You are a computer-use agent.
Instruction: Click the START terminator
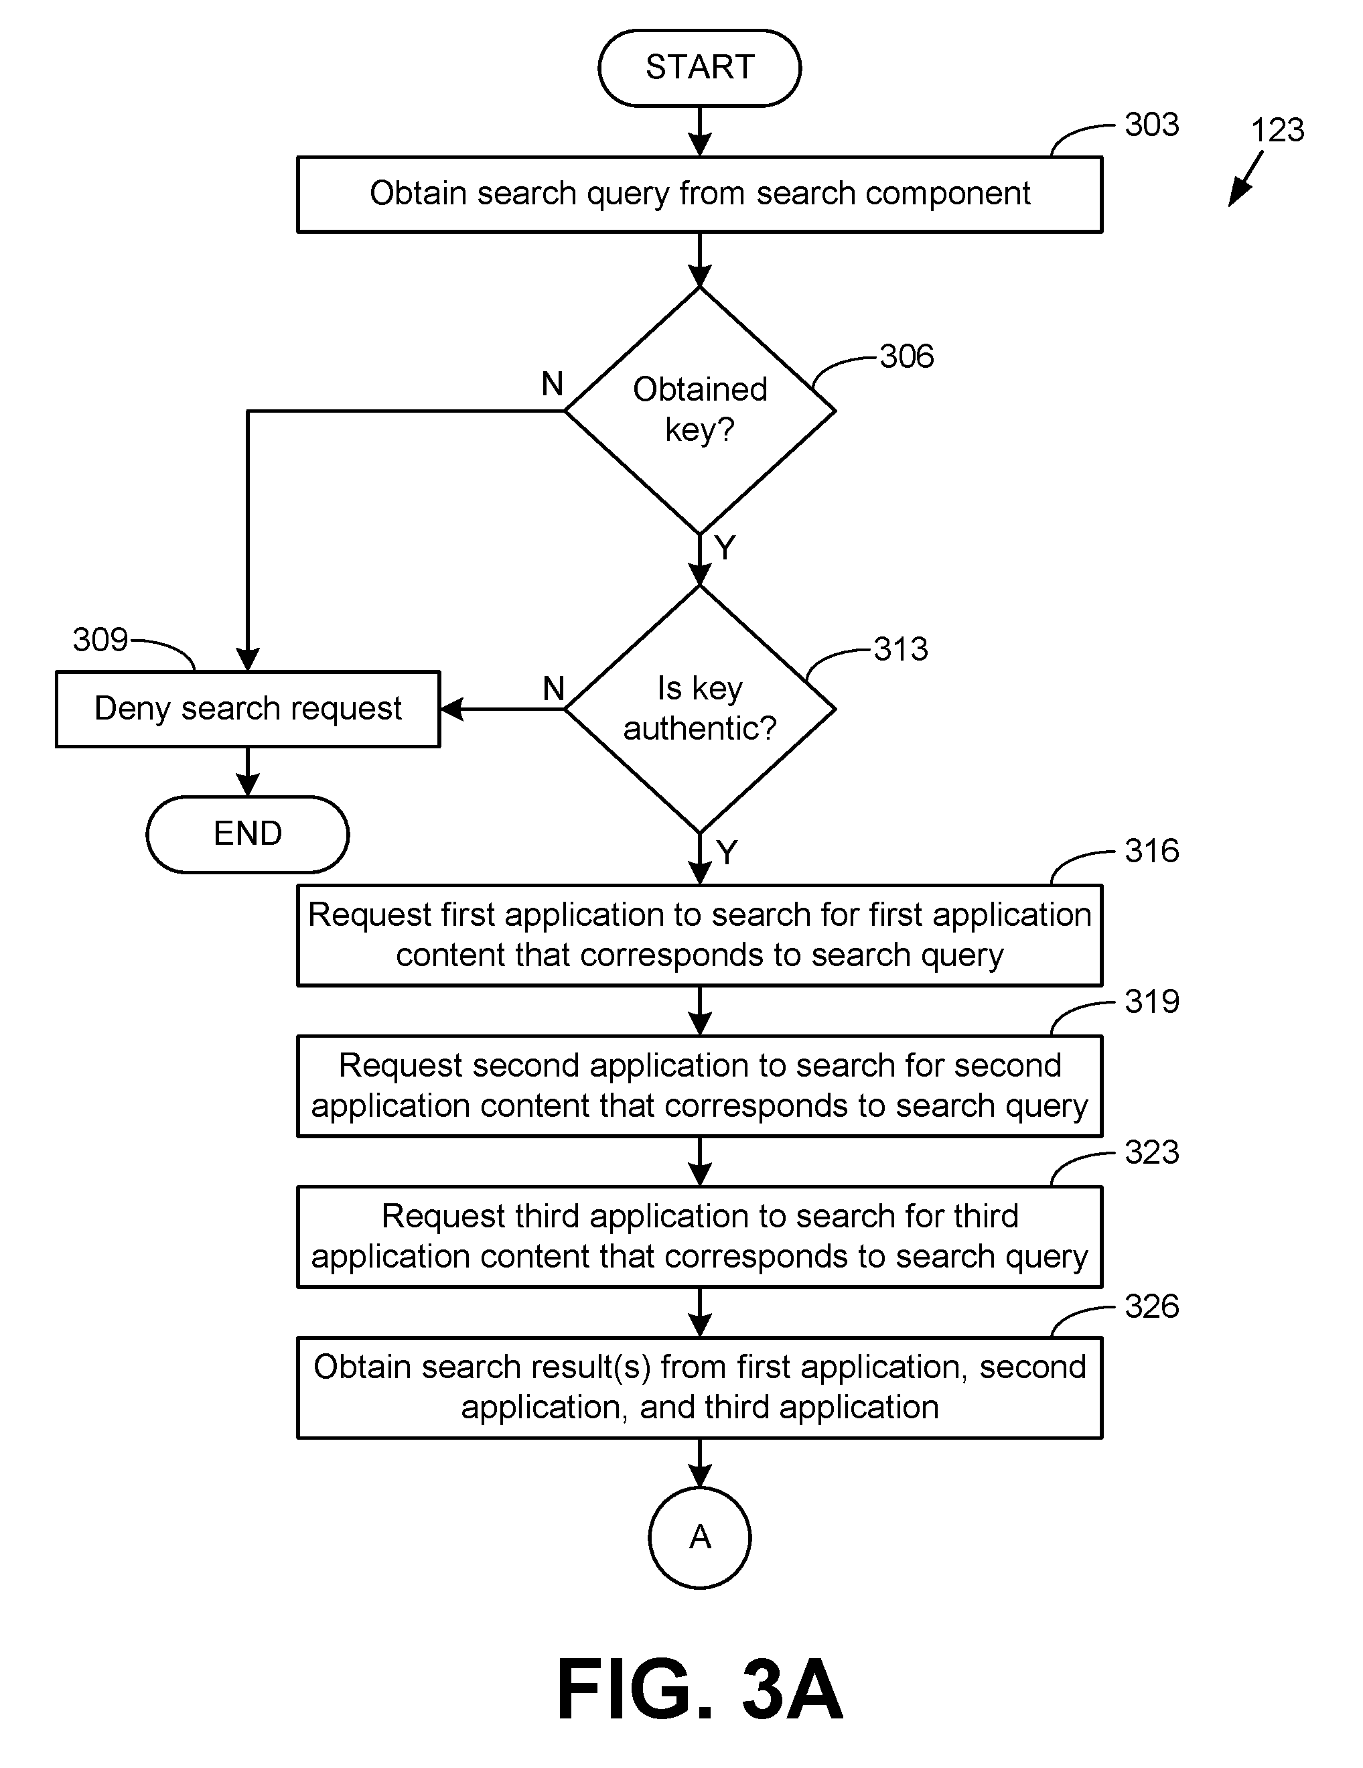pos(699,68)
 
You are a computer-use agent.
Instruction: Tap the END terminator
pos(248,834)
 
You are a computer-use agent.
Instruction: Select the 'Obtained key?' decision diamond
pos(699,411)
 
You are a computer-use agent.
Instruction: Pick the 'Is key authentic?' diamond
pos(699,708)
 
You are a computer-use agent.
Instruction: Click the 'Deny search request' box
pos(248,709)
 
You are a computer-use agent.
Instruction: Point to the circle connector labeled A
pos(699,1538)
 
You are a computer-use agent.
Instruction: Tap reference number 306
pos(906,356)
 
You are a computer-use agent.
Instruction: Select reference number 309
pos(100,640)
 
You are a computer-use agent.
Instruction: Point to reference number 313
pos(901,649)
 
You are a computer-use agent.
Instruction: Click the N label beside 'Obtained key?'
pos(552,384)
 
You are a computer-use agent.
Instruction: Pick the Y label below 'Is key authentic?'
pos(727,852)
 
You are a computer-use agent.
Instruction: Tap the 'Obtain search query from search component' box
pos(699,194)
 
